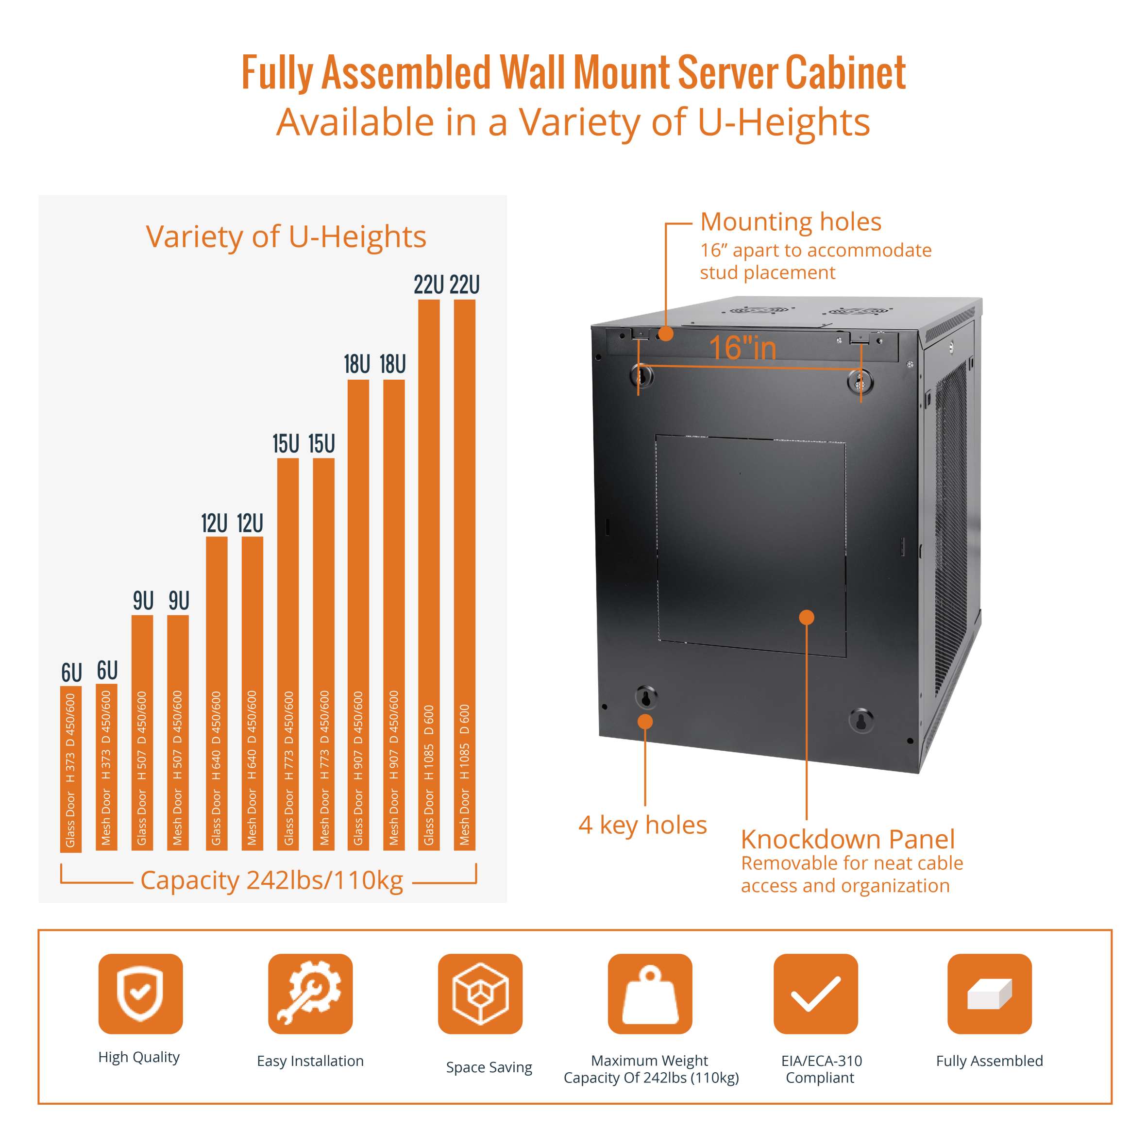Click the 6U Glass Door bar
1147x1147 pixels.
pyautogui.click(x=70, y=769)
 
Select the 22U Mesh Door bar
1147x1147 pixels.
pyautogui.click(x=464, y=574)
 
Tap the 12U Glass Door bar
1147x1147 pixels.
pyautogui.click(x=216, y=693)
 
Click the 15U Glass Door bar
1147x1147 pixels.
pyautogui.click(x=288, y=654)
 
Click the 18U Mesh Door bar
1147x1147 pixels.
pyautogui.click(x=394, y=614)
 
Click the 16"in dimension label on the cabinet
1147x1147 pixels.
pyautogui.click(x=742, y=348)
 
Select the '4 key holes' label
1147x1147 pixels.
pyautogui.click(x=642, y=825)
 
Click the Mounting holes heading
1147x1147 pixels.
pyautogui.click(x=790, y=222)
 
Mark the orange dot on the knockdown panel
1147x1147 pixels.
pyautogui.click(x=806, y=617)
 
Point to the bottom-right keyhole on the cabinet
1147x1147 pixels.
pyautogui.click(x=860, y=720)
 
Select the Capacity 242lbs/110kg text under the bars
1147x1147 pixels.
pyautogui.click(x=271, y=880)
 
